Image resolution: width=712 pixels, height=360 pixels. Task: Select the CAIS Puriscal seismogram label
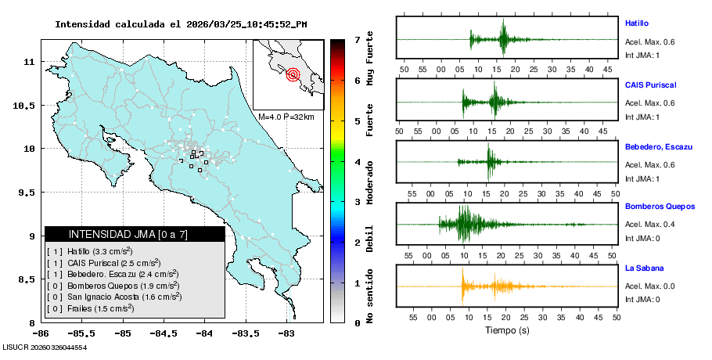650,85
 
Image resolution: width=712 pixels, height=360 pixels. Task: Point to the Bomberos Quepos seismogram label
660,207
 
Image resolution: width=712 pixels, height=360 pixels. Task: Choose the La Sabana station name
643,268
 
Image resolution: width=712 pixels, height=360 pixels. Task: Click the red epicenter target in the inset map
293,75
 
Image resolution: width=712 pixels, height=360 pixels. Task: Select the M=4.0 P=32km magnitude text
286,117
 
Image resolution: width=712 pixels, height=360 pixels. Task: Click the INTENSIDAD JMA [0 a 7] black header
135,234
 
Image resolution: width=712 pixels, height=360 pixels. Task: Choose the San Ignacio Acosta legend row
114,297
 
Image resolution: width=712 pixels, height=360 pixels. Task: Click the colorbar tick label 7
357,39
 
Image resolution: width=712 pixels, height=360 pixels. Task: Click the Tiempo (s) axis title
507,330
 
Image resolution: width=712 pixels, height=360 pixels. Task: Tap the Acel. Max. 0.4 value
649,225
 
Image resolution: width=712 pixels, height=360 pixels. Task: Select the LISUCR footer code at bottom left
45,347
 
